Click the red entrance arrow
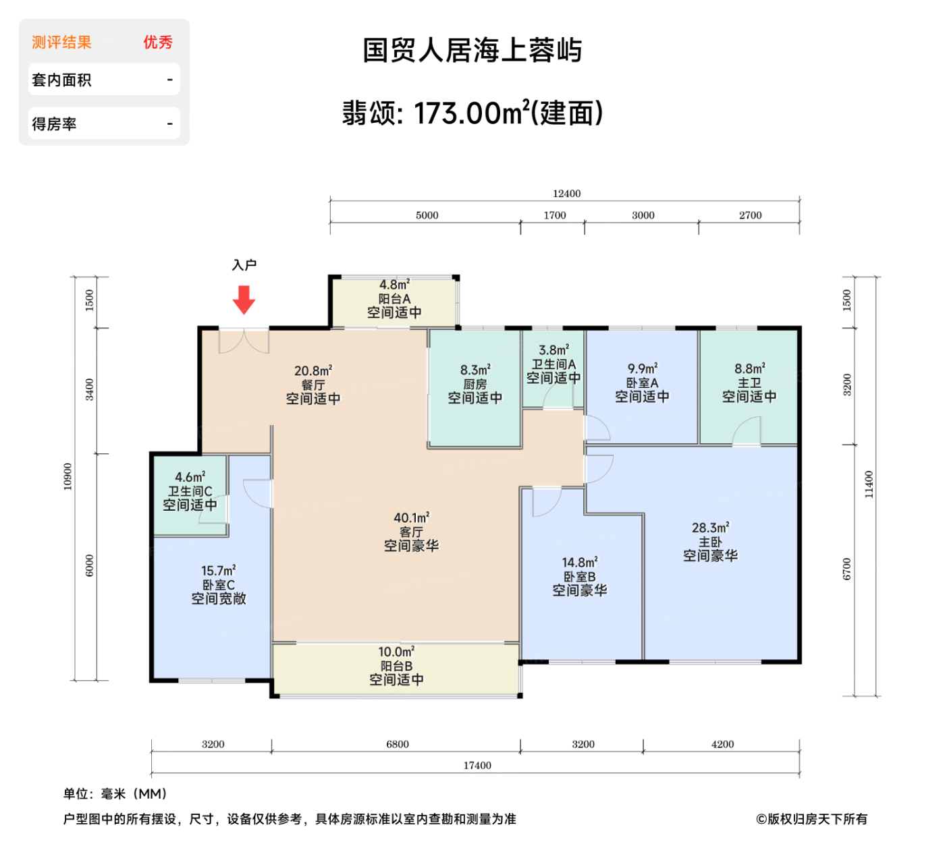244,300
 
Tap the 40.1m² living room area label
412,517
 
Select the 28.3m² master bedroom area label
710,528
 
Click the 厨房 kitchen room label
475,384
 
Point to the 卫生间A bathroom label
553,364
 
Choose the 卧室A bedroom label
642,383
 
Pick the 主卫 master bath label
749,383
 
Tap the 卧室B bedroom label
580,577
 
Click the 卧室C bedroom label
219,585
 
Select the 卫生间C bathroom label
190,491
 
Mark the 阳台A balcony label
394,299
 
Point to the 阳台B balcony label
396,666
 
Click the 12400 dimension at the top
566,194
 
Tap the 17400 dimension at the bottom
477,765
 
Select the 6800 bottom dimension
398,744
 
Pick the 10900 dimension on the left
67,476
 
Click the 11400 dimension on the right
869,484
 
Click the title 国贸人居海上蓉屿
473,51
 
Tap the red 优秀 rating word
158,43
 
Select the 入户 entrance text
244,265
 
